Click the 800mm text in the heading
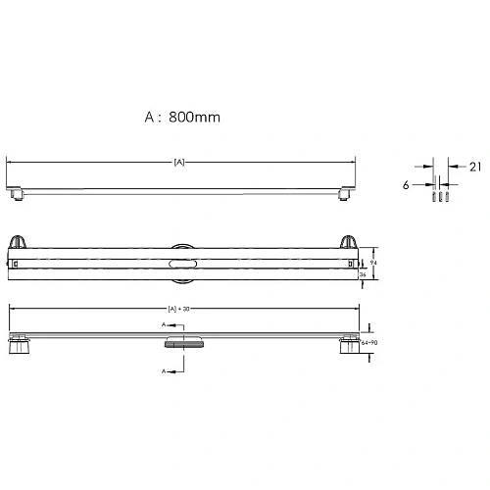click(193, 118)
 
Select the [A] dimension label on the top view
click(179, 161)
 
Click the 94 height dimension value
click(372, 262)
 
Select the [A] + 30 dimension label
click(180, 310)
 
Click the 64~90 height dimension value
click(369, 342)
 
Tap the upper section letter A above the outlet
click(163, 324)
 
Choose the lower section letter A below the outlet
click(163, 371)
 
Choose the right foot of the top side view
click(344, 194)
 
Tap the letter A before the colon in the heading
click(150, 118)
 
